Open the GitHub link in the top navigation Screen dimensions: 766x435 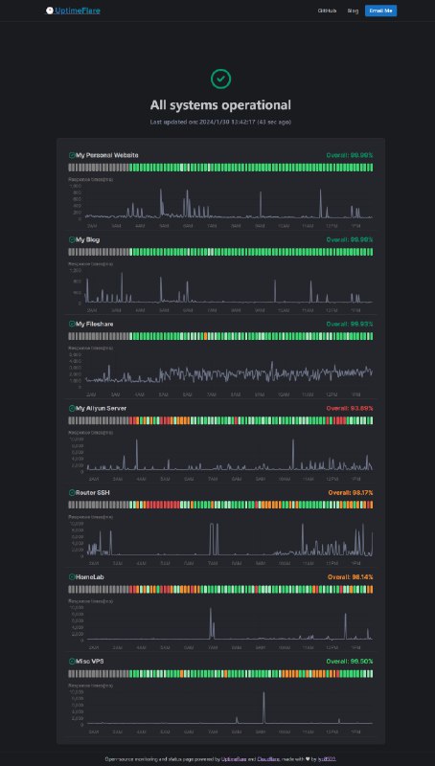tap(327, 11)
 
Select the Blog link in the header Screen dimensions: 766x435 tap(353, 11)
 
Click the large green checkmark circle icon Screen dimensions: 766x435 tap(220, 78)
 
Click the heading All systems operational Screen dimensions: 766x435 tap(220, 104)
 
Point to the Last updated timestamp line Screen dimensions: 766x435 tap(220, 122)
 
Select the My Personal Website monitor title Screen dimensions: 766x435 tap(107, 154)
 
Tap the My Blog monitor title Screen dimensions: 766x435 tap(87, 238)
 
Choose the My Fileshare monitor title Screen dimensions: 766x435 tap(93, 324)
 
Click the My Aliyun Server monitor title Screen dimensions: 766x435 tap(101, 408)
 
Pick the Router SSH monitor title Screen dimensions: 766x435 tap(92, 492)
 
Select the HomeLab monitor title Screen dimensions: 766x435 tap(89, 576)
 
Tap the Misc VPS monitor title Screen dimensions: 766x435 tap(89, 661)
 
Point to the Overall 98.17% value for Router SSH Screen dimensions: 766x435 tap(350, 492)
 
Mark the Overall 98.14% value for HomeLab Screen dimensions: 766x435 tap(350, 576)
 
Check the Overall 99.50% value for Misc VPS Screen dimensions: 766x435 tap(350, 661)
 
